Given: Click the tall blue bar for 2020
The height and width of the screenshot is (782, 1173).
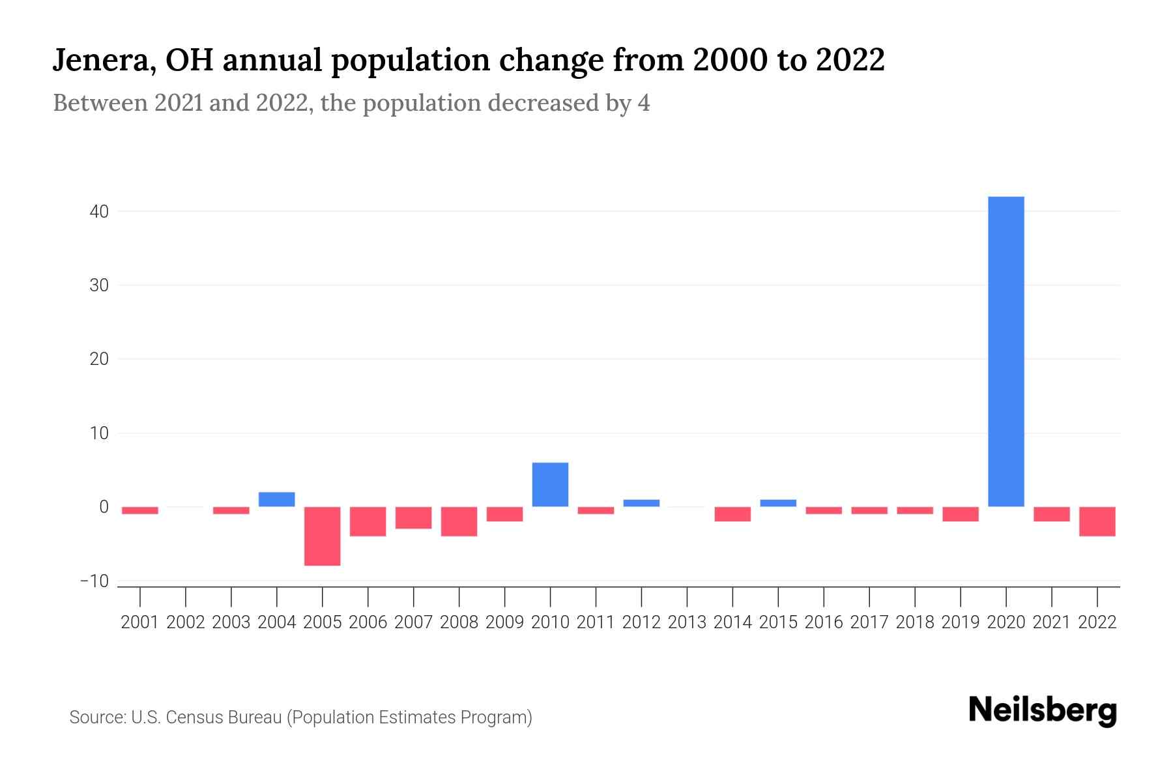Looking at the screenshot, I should click(1006, 352).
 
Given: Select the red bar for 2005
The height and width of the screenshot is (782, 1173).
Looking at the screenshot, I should click(323, 536).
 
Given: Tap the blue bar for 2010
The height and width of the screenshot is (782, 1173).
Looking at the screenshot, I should click(550, 485).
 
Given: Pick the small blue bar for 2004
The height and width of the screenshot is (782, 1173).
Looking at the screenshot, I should click(277, 499).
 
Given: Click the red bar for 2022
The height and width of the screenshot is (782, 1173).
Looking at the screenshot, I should click(1097, 521).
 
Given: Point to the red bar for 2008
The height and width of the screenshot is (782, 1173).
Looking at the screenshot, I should click(459, 521).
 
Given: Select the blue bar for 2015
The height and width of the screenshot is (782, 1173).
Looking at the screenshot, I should click(778, 503).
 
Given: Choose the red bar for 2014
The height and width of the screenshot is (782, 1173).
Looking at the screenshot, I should click(732, 514).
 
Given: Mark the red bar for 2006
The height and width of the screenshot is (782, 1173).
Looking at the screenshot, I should click(368, 521).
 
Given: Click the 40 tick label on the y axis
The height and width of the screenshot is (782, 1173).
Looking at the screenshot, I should click(99, 212).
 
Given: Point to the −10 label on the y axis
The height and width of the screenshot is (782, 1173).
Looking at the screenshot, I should click(94, 581).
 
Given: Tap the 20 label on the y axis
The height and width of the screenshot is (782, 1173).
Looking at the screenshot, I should click(99, 359).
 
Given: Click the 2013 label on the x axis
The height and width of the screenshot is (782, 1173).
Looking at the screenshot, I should click(687, 622).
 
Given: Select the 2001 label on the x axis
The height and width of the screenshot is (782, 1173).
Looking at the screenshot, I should click(140, 622).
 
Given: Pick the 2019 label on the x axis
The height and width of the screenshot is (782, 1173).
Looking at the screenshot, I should click(960, 622).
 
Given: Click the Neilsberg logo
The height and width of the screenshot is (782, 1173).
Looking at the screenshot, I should click(1043, 711).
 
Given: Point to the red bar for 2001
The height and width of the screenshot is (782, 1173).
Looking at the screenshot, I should click(140, 510).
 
